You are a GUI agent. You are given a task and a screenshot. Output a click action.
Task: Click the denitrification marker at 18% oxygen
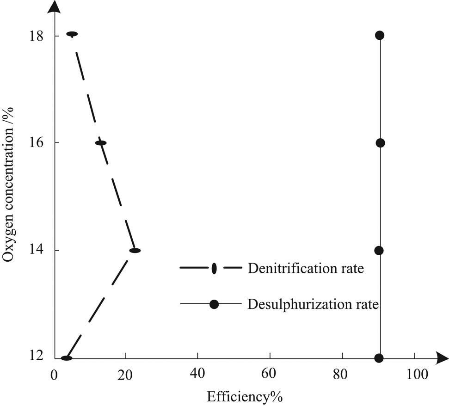pyautogui.click(x=72, y=34)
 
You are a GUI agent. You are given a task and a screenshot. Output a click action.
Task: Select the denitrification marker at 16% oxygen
pyautogui.click(x=101, y=143)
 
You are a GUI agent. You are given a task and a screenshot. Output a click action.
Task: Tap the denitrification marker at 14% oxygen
pyautogui.click(x=135, y=251)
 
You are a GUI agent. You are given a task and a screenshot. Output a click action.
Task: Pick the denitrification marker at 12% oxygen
pyautogui.click(x=67, y=358)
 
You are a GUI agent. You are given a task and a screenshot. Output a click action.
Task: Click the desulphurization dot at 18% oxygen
pyautogui.click(x=380, y=35)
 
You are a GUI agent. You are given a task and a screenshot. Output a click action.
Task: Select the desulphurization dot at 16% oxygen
pyautogui.click(x=380, y=143)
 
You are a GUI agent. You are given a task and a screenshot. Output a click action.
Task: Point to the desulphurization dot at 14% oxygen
pyautogui.click(x=379, y=251)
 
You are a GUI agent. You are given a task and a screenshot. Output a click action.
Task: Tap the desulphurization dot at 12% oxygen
pyautogui.click(x=379, y=358)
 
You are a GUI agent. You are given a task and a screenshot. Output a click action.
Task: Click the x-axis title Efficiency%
pyautogui.click(x=245, y=397)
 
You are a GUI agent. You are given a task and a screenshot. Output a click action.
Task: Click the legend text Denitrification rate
pyautogui.click(x=306, y=268)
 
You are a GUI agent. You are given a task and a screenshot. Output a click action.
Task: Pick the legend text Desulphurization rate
pyautogui.click(x=313, y=304)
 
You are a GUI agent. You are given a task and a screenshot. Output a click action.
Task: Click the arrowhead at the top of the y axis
pyautogui.click(x=55, y=6)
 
